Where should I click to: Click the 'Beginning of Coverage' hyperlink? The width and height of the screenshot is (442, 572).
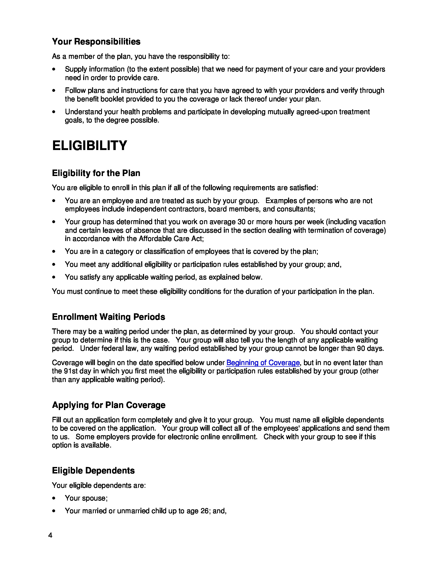click(x=263, y=362)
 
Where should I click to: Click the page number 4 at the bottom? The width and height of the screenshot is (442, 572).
click(x=50, y=535)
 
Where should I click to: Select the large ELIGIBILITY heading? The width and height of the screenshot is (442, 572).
click(x=89, y=146)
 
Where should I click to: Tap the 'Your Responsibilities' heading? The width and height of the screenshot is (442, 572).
click(x=96, y=41)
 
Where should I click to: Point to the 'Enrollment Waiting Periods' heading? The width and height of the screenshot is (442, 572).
click(x=108, y=317)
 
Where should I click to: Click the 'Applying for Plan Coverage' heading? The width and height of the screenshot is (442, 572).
click(x=109, y=405)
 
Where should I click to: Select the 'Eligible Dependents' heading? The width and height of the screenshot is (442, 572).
click(x=93, y=470)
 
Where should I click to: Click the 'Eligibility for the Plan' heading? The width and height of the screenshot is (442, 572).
click(x=96, y=173)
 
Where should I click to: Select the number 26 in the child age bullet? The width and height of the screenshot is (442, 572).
click(x=205, y=511)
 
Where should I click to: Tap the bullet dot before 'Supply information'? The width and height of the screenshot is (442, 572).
click(x=54, y=69)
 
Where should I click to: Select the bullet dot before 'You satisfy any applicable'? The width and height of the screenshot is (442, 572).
click(x=54, y=277)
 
